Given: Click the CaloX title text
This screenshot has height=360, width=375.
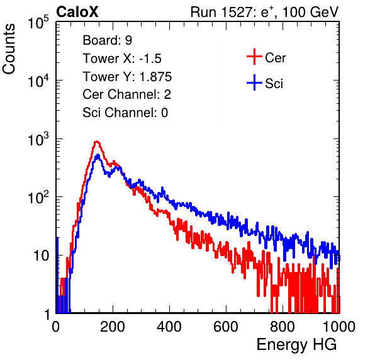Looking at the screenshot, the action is click(x=77, y=12).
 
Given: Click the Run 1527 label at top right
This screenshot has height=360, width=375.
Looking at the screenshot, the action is click(x=264, y=12).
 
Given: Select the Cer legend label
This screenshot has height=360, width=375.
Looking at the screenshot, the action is click(x=275, y=58).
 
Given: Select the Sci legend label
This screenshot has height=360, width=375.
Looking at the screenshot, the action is click(x=274, y=84).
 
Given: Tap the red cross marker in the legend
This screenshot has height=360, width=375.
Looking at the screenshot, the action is click(x=254, y=57).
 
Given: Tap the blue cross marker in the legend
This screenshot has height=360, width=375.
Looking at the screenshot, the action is click(x=254, y=82).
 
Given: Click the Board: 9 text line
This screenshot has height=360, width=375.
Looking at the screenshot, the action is click(x=107, y=40).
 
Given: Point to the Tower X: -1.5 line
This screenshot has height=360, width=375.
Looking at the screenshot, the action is click(x=122, y=59).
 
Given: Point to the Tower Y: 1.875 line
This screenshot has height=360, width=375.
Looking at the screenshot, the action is click(x=127, y=77).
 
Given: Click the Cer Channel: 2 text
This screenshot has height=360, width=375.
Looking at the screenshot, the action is click(x=126, y=94).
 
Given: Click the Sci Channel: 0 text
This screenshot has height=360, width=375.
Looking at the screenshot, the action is click(x=125, y=113).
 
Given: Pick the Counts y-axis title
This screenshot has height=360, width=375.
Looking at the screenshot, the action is click(x=9, y=49).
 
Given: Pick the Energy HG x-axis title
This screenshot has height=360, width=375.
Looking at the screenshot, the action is click(x=296, y=345).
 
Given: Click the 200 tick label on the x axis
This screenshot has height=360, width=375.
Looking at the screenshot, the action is click(x=113, y=327).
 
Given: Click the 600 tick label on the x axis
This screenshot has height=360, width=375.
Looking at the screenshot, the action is click(x=226, y=327).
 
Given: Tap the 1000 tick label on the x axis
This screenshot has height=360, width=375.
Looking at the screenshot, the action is click(x=339, y=327).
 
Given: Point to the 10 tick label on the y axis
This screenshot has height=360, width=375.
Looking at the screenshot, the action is click(x=41, y=256).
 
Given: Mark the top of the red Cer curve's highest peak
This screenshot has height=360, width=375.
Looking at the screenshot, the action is click(x=96, y=142).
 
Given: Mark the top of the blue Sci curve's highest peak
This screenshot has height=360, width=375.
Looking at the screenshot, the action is click(x=98, y=155).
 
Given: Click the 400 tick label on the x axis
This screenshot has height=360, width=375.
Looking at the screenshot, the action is click(x=169, y=327).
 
